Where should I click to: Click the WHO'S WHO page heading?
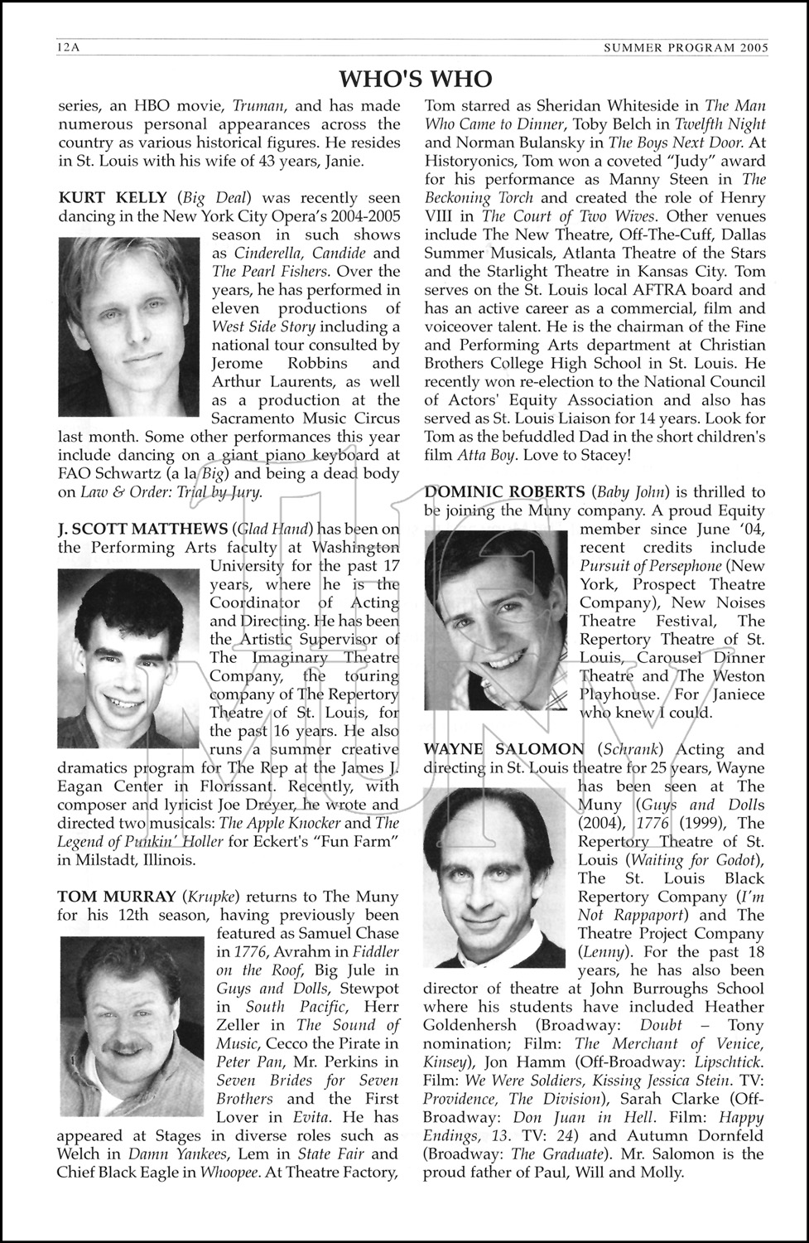click(x=416, y=78)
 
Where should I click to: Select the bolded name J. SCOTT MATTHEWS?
click(x=142, y=529)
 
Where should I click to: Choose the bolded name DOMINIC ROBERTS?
click(x=504, y=492)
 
